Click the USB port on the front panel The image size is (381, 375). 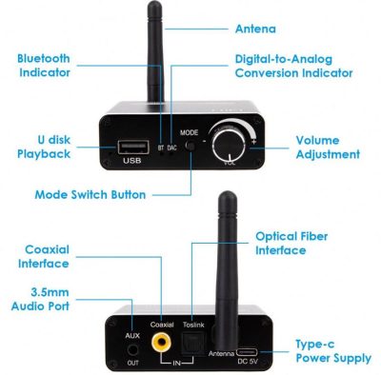point(133,148)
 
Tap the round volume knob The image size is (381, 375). point(229,145)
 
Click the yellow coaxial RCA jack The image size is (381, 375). point(161,342)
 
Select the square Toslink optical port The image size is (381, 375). point(193,344)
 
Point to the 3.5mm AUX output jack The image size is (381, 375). point(132,350)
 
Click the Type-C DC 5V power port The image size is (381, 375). point(248,352)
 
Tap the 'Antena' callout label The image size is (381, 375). point(255,29)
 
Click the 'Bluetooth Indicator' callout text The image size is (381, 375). point(44,66)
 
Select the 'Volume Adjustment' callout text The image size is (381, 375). point(328,148)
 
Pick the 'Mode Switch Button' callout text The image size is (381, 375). point(90,194)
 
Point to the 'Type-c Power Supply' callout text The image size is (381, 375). point(333,351)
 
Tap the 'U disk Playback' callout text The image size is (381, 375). point(44,147)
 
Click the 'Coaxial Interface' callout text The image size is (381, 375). point(44,256)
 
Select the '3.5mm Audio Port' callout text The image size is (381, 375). point(40,299)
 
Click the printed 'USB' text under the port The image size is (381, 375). point(132,161)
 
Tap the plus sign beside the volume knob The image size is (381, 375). point(253,142)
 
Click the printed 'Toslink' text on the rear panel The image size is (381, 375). point(193,325)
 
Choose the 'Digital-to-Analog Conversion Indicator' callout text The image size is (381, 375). point(293,66)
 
